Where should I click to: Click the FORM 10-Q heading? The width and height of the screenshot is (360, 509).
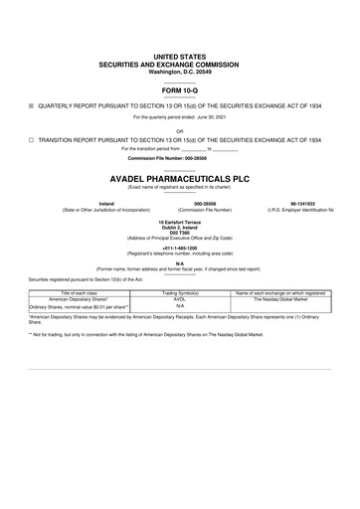point(179,90)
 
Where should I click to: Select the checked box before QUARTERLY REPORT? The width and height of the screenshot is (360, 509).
point(31,103)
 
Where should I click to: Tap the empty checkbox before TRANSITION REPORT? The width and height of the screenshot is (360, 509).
point(31,140)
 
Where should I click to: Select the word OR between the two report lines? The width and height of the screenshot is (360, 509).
point(179,130)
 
